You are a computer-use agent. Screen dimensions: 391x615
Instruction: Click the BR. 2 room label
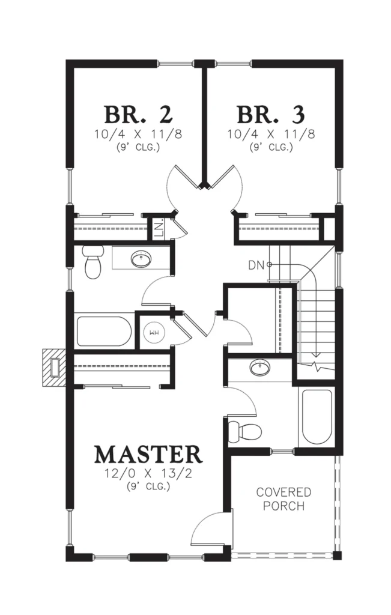click(138, 115)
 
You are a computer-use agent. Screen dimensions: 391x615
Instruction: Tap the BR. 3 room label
click(271, 115)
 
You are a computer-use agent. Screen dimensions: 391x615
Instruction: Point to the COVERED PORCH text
click(283, 499)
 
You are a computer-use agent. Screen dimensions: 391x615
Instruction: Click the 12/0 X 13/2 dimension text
click(148, 473)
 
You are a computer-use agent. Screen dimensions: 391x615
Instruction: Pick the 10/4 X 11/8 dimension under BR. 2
click(138, 135)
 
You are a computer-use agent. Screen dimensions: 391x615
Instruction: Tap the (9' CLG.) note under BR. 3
click(271, 148)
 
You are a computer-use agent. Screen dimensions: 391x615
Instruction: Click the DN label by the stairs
click(256, 265)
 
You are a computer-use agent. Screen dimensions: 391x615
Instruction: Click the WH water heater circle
click(154, 333)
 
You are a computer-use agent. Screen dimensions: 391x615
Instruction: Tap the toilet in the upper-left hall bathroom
click(93, 261)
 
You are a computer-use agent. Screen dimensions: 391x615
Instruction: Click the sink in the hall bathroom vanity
click(141, 259)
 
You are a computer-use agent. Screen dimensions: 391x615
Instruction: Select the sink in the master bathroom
click(259, 368)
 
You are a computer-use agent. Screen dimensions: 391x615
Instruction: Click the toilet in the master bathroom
click(244, 432)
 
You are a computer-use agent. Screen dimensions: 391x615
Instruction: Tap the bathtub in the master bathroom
click(317, 417)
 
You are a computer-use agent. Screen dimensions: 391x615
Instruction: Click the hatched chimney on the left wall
click(54, 367)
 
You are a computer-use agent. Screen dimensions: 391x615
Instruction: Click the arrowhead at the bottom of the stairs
click(317, 356)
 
